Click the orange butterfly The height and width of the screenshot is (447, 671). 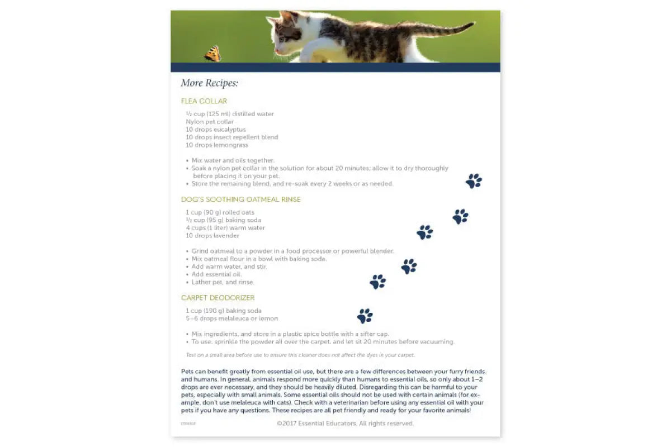click(x=213, y=54)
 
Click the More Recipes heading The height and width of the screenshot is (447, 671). click(x=210, y=83)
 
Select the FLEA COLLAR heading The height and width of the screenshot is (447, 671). click(x=204, y=101)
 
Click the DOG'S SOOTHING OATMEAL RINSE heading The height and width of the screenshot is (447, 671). click(x=240, y=199)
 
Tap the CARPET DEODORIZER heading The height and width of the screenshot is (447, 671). click(x=218, y=298)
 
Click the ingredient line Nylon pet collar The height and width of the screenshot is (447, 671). click(x=210, y=122)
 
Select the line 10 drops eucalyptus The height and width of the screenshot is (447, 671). click(x=216, y=130)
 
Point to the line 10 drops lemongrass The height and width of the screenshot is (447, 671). click(x=217, y=145)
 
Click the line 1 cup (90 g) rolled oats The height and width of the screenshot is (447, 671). click(x=220, y=212)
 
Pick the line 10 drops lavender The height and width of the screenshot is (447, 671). click(x=212, y=236)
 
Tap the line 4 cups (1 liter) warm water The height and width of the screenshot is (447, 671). click(x=225, y=228)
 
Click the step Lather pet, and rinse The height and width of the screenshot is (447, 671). click(x=223, y=282)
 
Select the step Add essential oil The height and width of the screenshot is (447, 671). click(x=216, y=274)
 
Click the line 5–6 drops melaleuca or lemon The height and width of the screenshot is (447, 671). click(x=231, y=318)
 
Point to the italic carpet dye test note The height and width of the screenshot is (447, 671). click(x=300, y=355)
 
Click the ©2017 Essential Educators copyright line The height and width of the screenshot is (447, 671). click(x=345, y=424)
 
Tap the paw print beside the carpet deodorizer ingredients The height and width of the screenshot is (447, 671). click(x=365, y=316)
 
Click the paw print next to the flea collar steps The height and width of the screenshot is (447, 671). click(x=474, y=181)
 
